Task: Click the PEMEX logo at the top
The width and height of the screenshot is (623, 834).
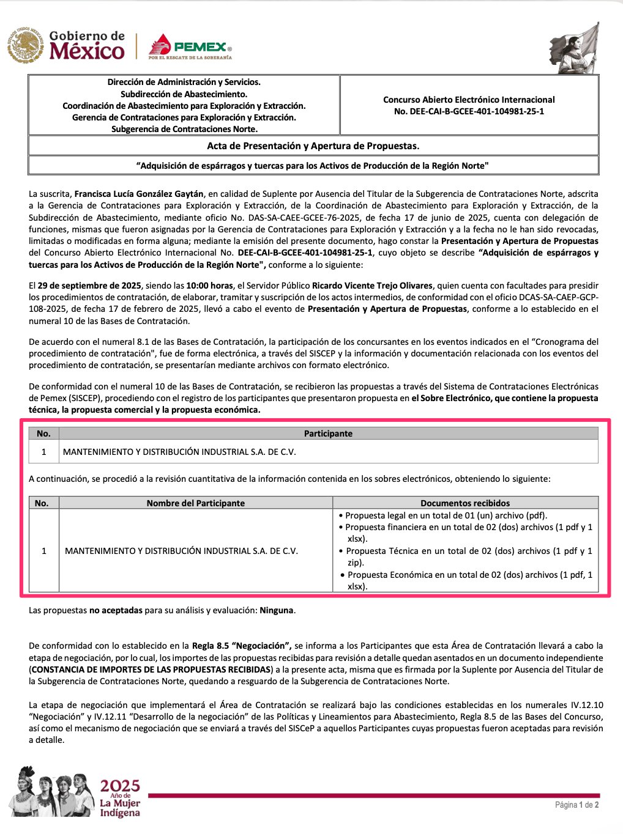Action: click(190, 47)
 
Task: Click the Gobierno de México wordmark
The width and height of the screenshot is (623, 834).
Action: click(86, 46)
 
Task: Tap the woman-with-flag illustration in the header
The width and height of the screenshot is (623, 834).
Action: click(576, 48)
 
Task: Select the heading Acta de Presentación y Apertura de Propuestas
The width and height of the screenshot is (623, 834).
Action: click(313, 146)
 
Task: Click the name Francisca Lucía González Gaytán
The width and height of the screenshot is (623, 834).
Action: click(139, 194)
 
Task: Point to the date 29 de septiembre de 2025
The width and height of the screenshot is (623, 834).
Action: click(88, 286)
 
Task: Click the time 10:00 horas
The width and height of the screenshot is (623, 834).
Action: click(209, 286)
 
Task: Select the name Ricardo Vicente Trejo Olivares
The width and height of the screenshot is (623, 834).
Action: click(372, 286)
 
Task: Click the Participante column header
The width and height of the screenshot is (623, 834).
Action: click(328, 434)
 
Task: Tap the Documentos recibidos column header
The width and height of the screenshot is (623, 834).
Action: click(465, 503)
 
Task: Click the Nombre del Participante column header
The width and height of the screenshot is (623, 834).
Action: click(195, 503)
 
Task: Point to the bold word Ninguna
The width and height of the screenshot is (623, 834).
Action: click(276, 610)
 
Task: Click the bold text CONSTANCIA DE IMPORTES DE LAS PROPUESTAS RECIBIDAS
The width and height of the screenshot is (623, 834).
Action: click(151, 670)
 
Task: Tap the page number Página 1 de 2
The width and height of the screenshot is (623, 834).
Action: click(576, 805)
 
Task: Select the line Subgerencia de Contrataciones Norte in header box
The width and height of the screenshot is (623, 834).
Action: click(184, 129)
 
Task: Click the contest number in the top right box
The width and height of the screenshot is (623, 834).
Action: click(469, 111)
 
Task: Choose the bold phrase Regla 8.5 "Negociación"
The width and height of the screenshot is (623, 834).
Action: click(242, 646)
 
